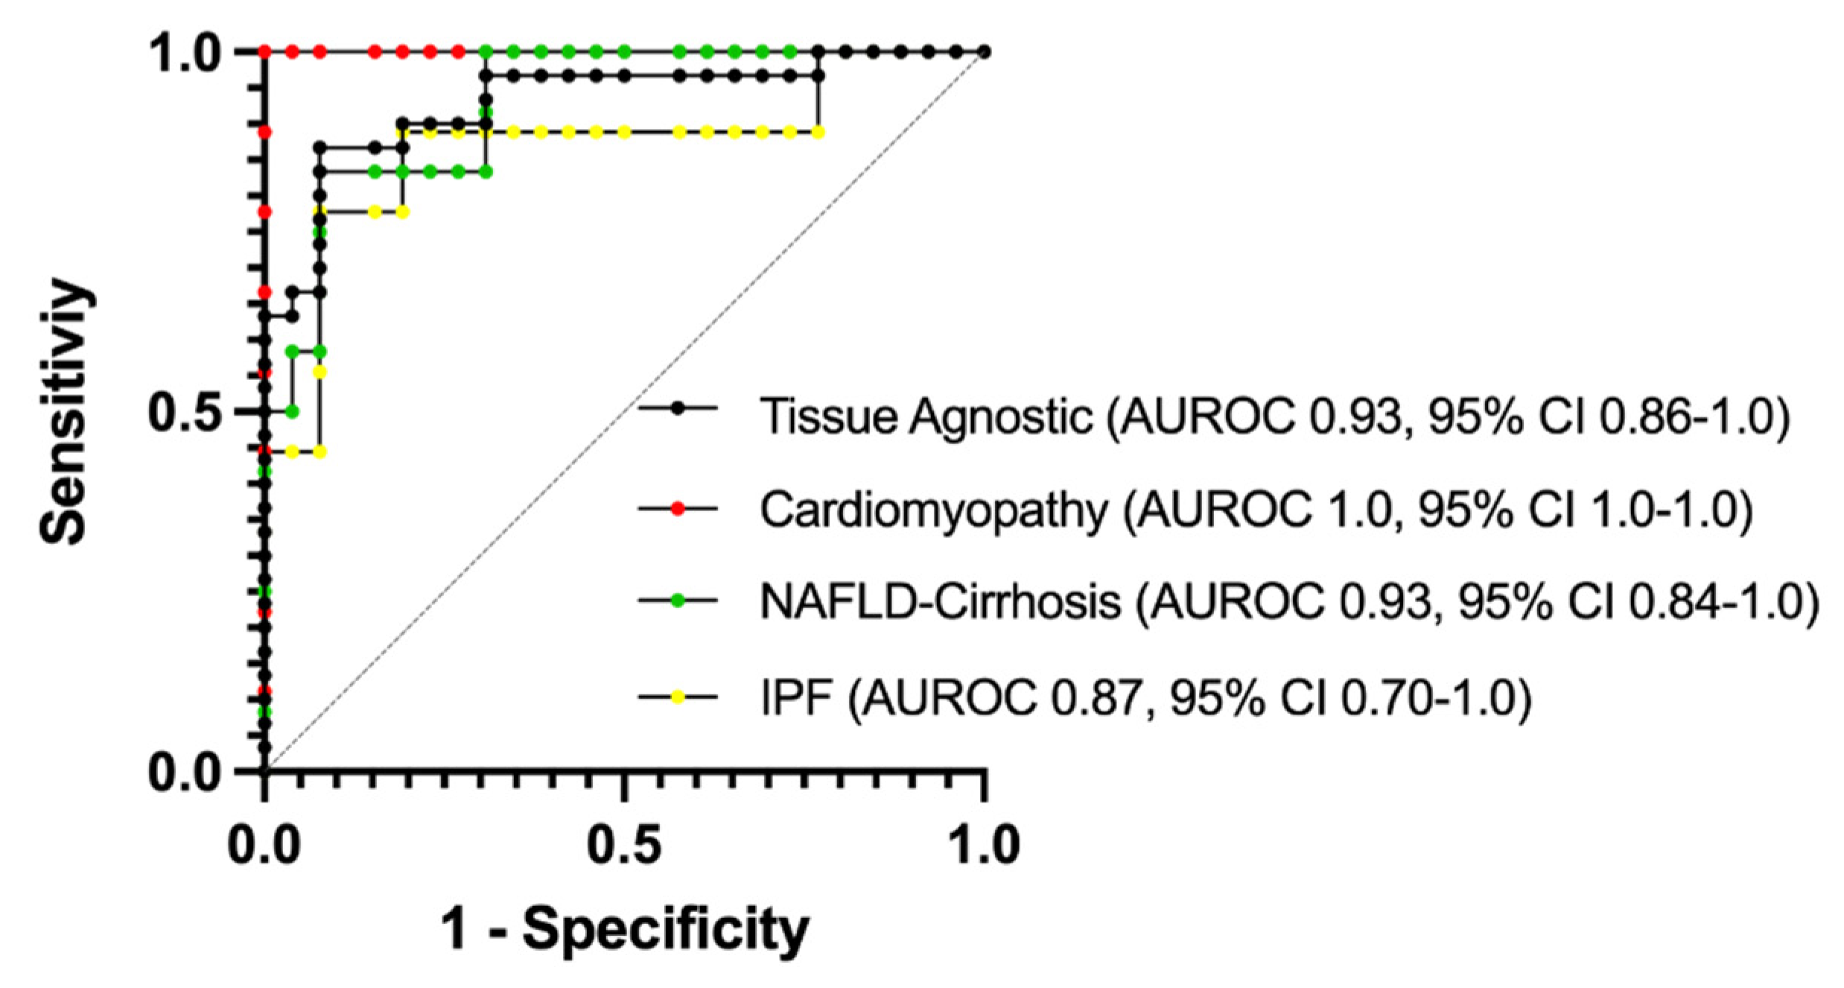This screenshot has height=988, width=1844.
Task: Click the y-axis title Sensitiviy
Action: click(x=66, y=411)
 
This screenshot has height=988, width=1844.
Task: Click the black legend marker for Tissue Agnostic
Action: click(x=677, y=408)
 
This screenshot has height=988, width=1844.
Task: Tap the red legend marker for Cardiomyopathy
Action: click(x=677, y=508)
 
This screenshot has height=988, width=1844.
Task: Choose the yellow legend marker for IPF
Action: click(x=677, y=697)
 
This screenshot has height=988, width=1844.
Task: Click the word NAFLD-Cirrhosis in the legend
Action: click(x=940, y=602)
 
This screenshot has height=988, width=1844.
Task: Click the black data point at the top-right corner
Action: click(x=984, y=52)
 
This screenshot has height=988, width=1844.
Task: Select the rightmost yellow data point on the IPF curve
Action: click(x=818, y=133)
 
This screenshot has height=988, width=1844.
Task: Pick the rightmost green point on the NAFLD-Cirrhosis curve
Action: click(x=790, y=52)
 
